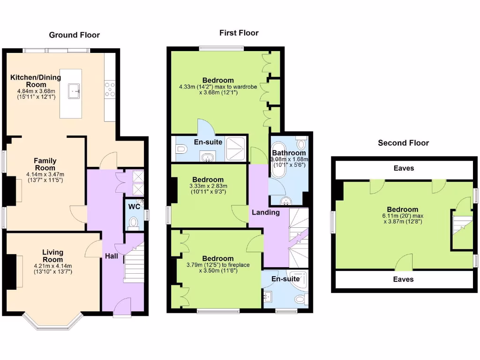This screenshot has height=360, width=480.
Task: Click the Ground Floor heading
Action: [75, 35]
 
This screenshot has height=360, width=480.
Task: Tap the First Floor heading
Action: [239, 33]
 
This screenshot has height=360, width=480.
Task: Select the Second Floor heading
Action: [403, 143]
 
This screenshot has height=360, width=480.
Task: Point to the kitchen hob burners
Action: [110, 90]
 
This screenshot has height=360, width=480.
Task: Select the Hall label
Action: [112, 256]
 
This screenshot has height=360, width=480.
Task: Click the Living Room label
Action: [52, 256]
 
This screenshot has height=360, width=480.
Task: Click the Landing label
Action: [266, 212]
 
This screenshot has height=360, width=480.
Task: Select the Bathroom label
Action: [289, 153]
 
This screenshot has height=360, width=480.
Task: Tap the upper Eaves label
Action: [404, 168]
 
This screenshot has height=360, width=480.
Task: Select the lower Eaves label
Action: [404, 279]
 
